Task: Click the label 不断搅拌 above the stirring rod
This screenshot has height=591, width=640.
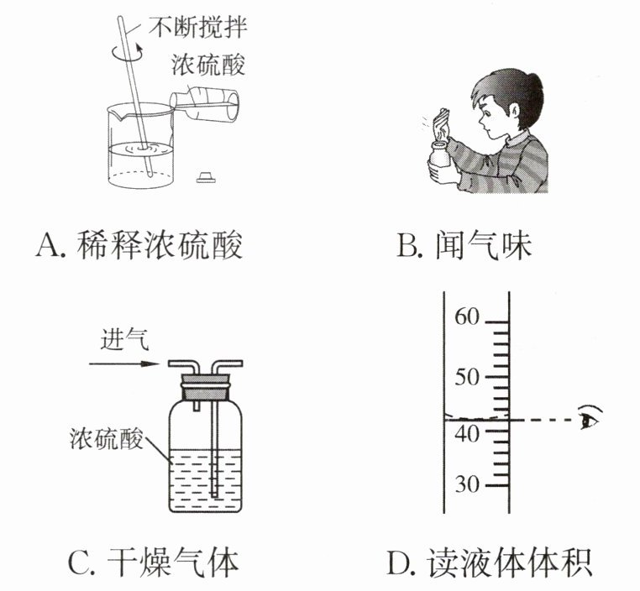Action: tap(197, 28)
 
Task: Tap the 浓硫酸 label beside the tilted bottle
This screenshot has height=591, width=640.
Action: tap(208, 65)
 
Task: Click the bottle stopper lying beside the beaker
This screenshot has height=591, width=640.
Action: tap(206, 177)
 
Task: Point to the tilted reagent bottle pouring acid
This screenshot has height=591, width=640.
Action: tap(204, 104)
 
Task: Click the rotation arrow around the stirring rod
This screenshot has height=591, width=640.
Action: tap(128, 53)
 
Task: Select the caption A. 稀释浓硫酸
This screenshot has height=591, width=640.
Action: tap(139, 245)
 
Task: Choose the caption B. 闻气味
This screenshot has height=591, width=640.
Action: tap(464, 245)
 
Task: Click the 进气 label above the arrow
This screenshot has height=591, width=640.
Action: tap(125, 339)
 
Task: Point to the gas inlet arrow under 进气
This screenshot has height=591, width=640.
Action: tap(124, 363)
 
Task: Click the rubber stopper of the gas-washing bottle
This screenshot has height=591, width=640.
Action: tap(206, 387)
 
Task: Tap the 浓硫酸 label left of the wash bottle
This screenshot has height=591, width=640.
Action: tap(107, 439)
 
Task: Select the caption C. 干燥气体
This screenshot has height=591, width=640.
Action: tap(154, 562)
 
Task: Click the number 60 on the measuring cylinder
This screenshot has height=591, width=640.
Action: tap(467, 316)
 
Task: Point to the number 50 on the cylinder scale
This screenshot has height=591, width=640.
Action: tap(467, 377)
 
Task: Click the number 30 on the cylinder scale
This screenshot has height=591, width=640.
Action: tap(467, 484)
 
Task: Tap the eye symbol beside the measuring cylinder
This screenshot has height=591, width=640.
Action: tap(590, 417)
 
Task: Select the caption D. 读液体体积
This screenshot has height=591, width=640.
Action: tap(489, 562)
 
